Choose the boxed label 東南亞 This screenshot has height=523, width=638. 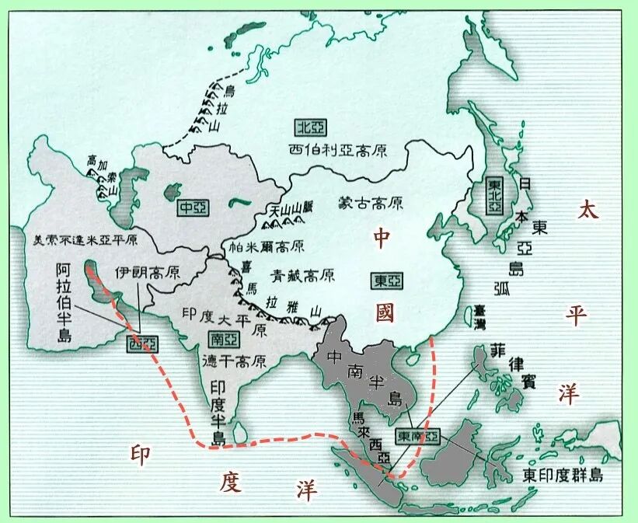coord(417,437)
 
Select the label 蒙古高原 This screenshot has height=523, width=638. coord(371,204)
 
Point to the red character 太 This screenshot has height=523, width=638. coord(587,210)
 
